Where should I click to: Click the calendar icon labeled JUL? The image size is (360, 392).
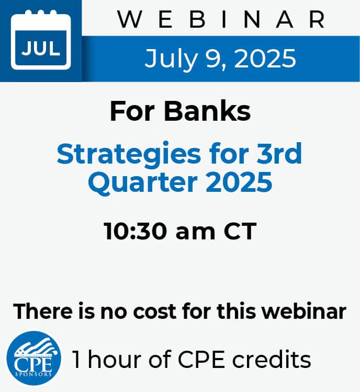[41, 40]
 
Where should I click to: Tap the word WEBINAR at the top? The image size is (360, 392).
[221, 19]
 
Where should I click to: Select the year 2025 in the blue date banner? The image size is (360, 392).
[265, 58]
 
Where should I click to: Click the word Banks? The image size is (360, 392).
[207, 111]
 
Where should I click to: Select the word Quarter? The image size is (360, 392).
[143, 182]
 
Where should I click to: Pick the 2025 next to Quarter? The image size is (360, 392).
[239, 181]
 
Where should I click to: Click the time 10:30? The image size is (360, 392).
[136, 231]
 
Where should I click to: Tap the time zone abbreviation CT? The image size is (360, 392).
[240, 231]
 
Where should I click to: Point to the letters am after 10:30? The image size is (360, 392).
[195, 233]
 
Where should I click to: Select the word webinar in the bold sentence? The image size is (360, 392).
[304, 311]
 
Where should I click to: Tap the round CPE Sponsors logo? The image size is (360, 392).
[33, 358]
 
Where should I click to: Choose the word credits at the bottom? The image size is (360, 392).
[272, 359]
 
